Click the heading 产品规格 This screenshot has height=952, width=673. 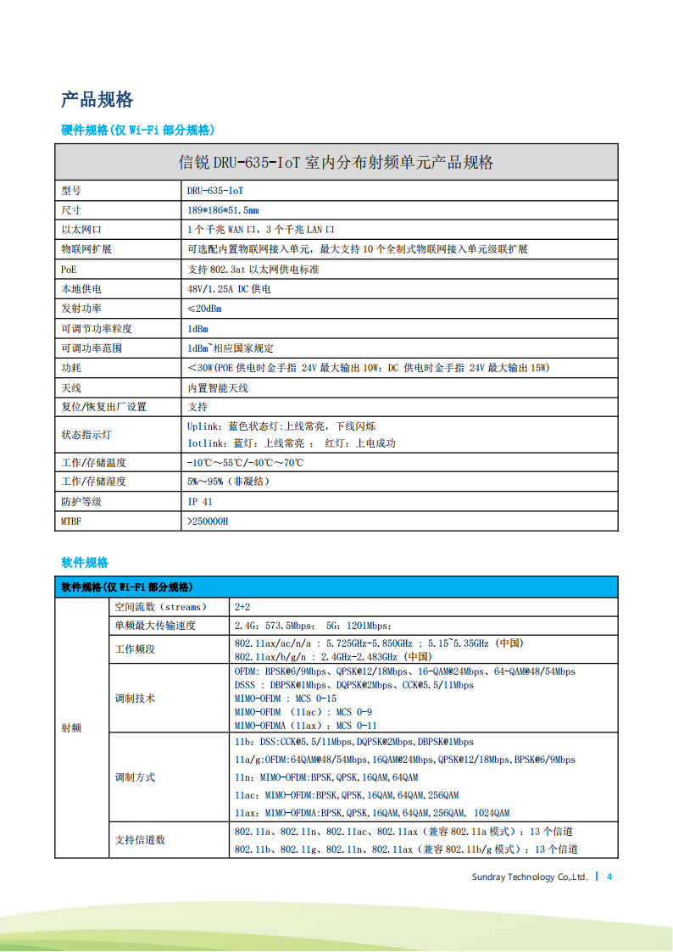97,99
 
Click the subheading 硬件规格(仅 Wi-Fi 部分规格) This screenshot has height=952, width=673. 137,130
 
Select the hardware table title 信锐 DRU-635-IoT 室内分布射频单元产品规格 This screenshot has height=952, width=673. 336,162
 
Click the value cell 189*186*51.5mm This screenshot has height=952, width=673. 223,210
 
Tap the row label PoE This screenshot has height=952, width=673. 69,269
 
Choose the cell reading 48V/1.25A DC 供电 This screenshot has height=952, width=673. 229,289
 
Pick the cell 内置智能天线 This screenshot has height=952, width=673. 218,387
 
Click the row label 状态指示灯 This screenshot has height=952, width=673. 86,434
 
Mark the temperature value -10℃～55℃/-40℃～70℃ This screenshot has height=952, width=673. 245,463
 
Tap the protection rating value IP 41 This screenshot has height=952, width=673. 200,502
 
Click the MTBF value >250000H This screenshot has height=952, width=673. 208,521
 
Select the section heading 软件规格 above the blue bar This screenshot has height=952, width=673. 85,562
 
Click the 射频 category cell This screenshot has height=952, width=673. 72,728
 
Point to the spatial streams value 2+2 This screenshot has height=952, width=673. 242,607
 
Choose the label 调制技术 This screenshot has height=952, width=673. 135,699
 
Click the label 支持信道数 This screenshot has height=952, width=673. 140,839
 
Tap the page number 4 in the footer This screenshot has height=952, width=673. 609,877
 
